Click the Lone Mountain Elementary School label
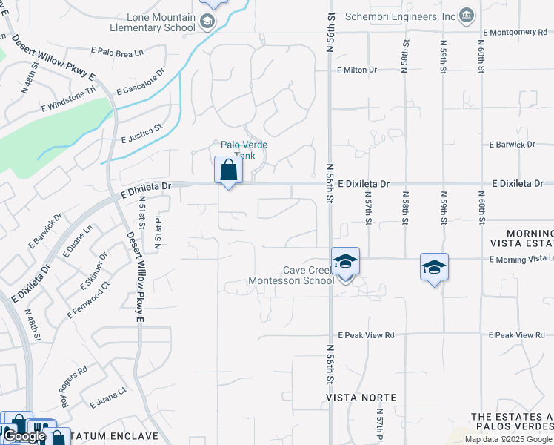[151, 22]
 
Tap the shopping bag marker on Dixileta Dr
[228, 171]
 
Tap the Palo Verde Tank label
[238, 150]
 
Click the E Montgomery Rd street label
[514, 32]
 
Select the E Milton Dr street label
[356, 70]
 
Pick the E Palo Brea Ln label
[116, 51]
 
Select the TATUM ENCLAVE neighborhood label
[116, 435]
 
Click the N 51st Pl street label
[157, 231]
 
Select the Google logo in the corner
[25, 436]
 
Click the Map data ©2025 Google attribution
[508, 439]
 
